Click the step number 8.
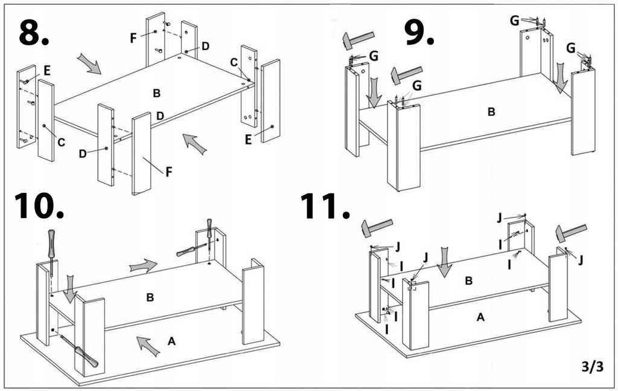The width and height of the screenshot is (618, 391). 33,33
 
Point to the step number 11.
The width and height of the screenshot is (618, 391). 325,207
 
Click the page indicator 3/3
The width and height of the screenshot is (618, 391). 593,366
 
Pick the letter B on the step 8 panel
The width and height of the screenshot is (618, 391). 156,93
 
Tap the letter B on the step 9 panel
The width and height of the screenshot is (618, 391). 491,112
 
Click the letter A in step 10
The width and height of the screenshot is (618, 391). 171,341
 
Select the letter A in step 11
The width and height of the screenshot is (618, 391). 480,318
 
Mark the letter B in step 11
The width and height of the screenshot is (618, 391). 469,280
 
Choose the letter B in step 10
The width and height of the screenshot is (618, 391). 150,297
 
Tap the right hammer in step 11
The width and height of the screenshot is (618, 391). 571,233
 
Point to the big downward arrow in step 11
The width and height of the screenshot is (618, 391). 445,262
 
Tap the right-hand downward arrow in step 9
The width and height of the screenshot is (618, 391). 561,79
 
